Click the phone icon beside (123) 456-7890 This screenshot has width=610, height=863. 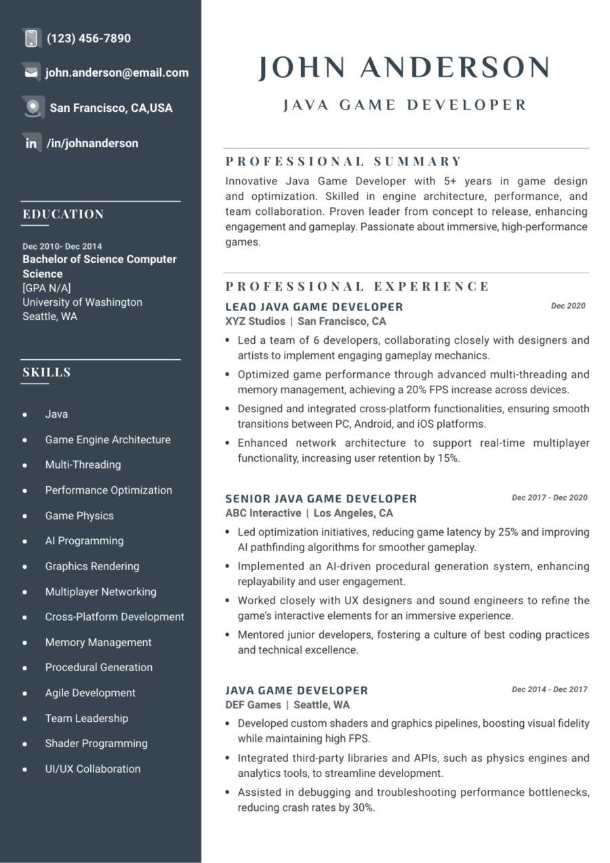point(31,38)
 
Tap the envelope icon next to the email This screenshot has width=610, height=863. point(31,73)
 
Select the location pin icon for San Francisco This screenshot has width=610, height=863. point(32,107)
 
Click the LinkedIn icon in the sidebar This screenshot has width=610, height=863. point(31,143)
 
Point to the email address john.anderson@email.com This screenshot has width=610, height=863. point(117,73)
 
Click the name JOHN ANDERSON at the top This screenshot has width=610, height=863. point(404,68)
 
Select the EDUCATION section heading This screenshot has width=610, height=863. point(63,214)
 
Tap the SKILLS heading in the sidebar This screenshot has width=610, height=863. point(47,372)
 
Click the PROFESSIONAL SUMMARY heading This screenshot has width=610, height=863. point(344,161)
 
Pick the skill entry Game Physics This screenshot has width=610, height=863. point(79,515)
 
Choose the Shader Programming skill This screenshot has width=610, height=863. point(96,743)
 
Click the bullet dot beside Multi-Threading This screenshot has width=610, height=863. point(25,465)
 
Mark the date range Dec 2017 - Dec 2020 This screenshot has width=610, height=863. point(549,498)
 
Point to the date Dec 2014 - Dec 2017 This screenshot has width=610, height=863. point(549,689)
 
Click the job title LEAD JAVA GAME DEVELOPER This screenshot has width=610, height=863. point(314,306)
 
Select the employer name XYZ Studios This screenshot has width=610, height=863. point(255,321)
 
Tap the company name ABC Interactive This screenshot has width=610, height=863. point(263,513)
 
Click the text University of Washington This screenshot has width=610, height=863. point(82,302)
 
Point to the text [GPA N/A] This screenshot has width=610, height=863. point(47,287)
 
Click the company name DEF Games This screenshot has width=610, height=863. point(253,705)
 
